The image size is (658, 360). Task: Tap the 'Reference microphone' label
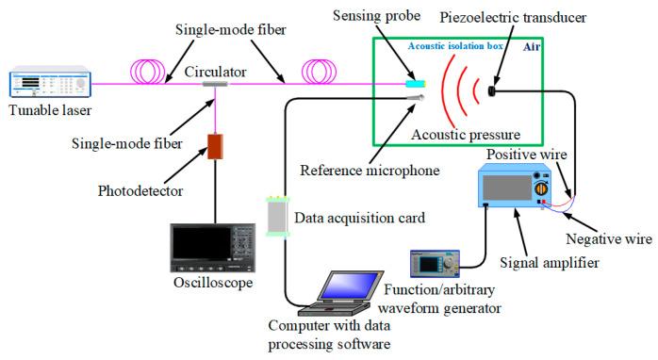[370, 171]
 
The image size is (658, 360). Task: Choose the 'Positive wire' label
[527, 153]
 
